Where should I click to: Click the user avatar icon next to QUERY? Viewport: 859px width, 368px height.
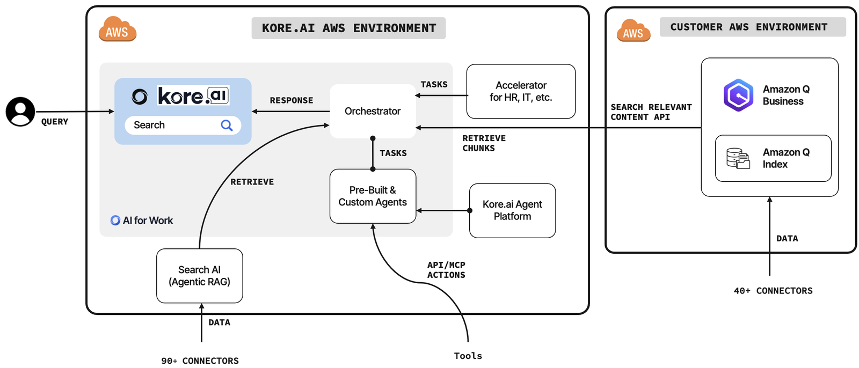point(20,112)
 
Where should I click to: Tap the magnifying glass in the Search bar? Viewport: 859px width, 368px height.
point(227,125)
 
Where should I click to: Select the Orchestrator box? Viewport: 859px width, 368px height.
point(373,111)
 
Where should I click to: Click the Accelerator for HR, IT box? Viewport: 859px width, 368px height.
point(521,91)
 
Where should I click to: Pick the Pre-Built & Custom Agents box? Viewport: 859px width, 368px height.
point(373,196)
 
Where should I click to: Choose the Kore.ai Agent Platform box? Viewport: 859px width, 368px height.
point(512,210)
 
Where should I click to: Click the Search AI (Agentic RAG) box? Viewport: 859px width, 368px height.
point(199,276)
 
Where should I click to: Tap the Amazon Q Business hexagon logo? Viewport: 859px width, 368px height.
point(738,95)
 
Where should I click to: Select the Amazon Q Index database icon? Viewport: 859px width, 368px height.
point(738,158)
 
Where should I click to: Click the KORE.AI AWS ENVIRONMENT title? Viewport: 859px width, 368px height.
point(348,28)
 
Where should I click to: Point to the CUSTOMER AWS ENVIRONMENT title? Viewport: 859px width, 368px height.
point(749,27)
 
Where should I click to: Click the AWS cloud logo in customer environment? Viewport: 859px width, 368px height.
point(634,31)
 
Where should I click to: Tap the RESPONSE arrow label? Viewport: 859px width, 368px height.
point(291,100)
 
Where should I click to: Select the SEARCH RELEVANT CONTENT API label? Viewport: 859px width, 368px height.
point(651,112)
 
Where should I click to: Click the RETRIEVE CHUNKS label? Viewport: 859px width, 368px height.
point(483,143)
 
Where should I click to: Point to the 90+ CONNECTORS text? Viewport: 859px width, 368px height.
point(200,360)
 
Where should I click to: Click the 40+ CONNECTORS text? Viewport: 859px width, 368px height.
point(773,291)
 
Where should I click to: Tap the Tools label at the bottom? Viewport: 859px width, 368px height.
point(468,356)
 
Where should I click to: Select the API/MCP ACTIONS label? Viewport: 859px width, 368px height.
point(446,270)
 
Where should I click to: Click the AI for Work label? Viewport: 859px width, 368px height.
point(142,220)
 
